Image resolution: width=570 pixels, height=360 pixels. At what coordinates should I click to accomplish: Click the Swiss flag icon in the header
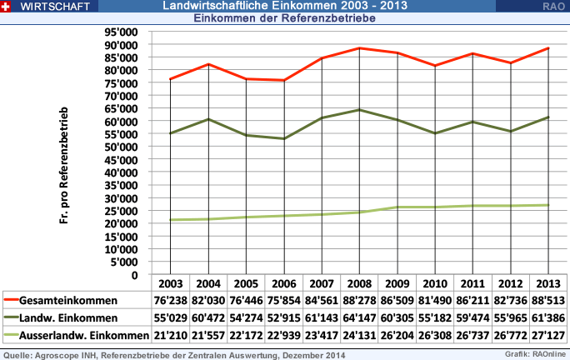[6, 6]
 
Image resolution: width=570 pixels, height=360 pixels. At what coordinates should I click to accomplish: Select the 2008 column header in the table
[359, 283]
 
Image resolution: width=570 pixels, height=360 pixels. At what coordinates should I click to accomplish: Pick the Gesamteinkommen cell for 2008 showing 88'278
[359, 300]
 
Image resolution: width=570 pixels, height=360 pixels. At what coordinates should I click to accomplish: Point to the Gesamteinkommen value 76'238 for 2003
[170, 300]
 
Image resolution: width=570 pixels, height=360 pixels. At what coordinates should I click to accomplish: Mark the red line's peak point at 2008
[359, 48]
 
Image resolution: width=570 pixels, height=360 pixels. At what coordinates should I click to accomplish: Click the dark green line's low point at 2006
[283, 138]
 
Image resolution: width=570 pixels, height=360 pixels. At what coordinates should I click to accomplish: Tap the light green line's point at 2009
[397, 207]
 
